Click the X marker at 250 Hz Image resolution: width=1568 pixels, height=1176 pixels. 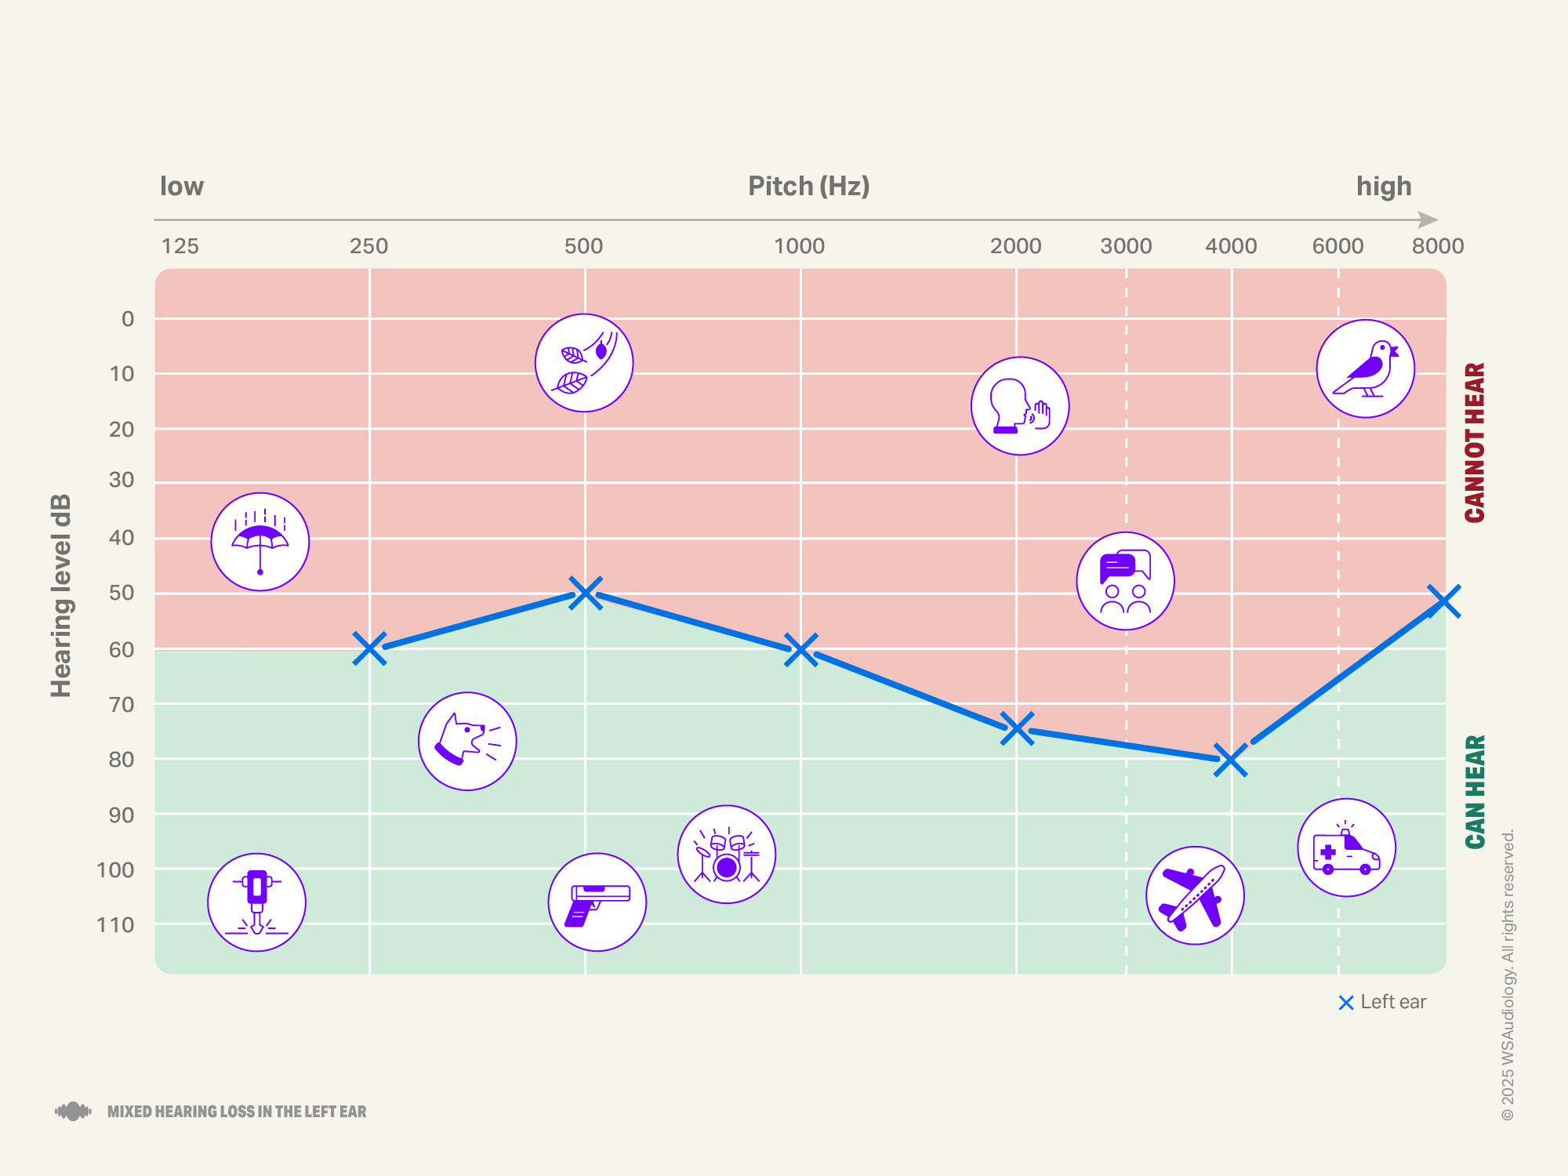point(369,648)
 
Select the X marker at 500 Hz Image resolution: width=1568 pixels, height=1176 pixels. point(585,593)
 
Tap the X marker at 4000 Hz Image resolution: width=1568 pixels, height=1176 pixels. point(1230,760)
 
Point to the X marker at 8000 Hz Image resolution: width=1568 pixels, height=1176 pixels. point(1443,601)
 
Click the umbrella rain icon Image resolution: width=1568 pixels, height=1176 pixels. point(260,542)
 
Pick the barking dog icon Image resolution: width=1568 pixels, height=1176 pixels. point(467,741)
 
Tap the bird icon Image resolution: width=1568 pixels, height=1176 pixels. point(1366,368)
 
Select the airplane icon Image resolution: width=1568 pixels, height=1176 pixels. point(1195,895)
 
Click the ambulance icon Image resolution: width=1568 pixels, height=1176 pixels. point(1347,848)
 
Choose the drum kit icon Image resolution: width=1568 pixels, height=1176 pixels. point(727,855)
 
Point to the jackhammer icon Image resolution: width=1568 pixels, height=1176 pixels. point(257,902)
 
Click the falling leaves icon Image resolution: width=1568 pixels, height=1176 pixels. point(584,363)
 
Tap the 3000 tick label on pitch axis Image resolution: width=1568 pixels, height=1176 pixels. point(1126,246)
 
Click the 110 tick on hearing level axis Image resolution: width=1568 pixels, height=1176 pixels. point(116,925)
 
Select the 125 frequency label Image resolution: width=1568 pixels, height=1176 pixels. point(180,246)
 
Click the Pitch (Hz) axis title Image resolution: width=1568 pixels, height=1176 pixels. point(808,187)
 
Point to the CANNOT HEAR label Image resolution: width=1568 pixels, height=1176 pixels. point(1475,442)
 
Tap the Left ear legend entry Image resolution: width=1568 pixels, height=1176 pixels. point(1383,1002)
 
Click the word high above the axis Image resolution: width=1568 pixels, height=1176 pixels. point(1384,187)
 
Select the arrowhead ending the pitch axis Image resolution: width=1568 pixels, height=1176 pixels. point(1429,220)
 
